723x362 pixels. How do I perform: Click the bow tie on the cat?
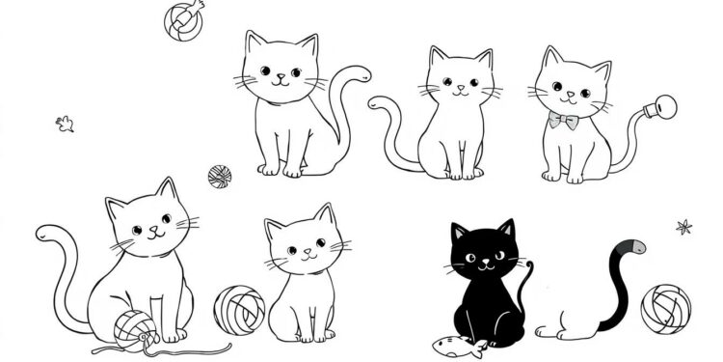pos(564,121)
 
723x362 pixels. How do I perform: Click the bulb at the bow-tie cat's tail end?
pos(662,109)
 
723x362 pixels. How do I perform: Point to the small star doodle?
pos(683,228)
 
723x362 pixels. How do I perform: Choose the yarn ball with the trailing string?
pos(136,327)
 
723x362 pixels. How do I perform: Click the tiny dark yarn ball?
pos(219,176)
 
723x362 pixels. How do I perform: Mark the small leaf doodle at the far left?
pos(65,123)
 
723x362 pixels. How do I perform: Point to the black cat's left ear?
pos(459,233)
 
